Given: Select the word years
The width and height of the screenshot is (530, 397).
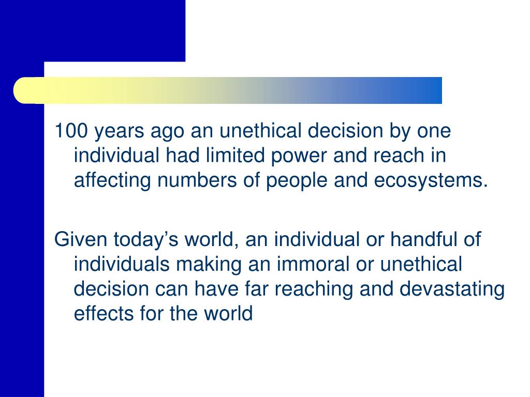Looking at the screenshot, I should pyautogui.click(x=120, y=132).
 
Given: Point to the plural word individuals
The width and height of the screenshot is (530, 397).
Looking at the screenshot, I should pyautogui.click(x=122, y=264).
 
